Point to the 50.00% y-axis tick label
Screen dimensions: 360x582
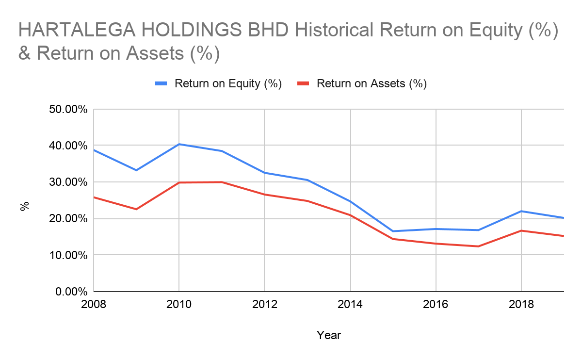point(68,109)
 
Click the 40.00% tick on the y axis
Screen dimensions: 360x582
point(68,146)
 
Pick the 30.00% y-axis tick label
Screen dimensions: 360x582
point(68,182)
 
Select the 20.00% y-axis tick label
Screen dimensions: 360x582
point(68,219)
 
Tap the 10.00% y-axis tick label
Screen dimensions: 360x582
point(68,255)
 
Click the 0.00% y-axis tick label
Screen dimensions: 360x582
point(71,292)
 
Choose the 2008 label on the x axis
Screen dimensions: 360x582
point(94,305)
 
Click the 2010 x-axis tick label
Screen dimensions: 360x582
point(179,305)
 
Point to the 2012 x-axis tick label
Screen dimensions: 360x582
point(264,305)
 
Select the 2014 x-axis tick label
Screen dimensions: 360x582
point(350,305)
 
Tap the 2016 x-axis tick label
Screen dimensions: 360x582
point(436,305)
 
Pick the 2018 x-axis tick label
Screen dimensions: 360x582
point(521,305)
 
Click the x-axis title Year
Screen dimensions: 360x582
point(329,335)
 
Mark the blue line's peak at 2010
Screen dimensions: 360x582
point(179,144)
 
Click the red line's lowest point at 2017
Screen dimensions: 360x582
point(479,246)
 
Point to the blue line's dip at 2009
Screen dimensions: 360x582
point(136,170)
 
